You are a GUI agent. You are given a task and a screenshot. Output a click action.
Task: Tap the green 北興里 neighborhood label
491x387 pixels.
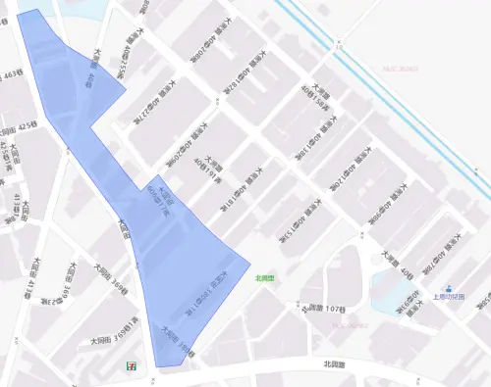click(263, 278)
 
